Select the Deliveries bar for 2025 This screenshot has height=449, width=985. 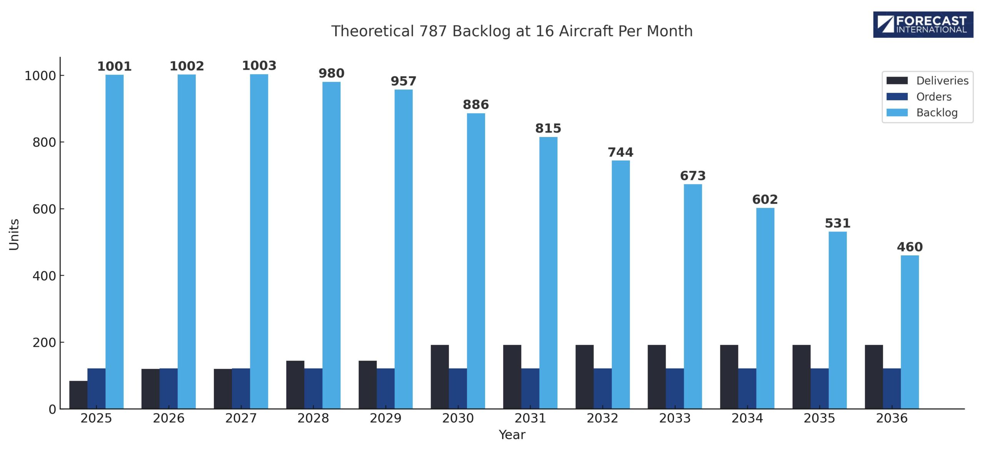78,394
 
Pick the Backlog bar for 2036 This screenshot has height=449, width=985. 910,332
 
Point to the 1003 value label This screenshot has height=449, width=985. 259,66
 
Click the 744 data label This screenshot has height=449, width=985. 620,152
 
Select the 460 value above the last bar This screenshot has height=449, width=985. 910,247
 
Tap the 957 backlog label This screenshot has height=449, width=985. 403,81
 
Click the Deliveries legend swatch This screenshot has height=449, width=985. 897,80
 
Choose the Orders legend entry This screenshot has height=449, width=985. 933,97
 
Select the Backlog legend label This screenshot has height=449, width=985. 937,113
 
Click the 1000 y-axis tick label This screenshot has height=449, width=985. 40,76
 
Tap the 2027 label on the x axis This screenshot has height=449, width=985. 241,418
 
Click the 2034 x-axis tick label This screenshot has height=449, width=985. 747,418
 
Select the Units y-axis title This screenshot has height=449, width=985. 14,235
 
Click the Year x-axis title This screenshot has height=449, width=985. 512,435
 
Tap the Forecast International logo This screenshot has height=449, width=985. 923,25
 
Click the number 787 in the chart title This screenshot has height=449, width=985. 433,31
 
